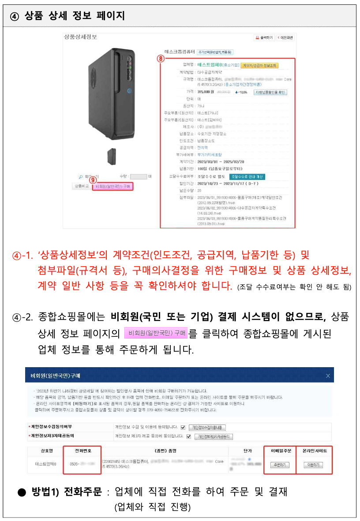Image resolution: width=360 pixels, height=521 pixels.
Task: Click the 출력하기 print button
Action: (263, 37)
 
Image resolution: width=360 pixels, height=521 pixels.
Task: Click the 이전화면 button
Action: (285, 37)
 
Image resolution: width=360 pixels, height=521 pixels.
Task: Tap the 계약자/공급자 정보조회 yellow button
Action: (259, 65)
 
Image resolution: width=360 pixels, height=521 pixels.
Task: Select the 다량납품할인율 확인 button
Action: (270, 92)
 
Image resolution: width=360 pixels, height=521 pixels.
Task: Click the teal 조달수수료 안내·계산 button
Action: (247, 176)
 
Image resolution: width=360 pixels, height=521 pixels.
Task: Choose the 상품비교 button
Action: (81, 186)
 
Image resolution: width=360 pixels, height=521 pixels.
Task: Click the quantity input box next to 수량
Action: (138, 177)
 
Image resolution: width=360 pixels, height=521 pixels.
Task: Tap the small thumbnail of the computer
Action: (112, 156)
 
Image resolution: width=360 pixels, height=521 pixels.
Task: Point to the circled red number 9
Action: (93, 179)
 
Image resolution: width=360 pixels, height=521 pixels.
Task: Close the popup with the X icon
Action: (328, 376)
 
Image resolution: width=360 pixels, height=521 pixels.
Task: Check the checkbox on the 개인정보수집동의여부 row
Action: (183, 427)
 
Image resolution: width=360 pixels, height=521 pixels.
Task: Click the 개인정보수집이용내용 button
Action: (208, 428)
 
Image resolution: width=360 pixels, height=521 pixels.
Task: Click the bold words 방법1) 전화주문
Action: (66, 492)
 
